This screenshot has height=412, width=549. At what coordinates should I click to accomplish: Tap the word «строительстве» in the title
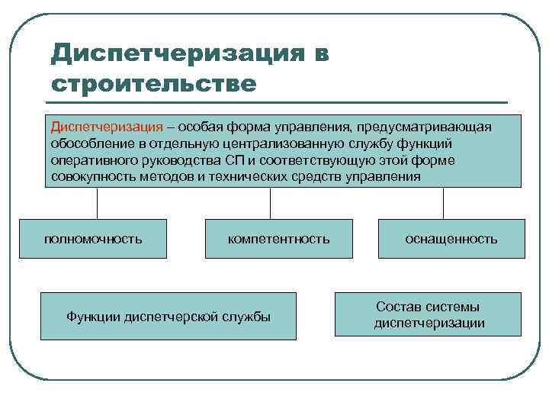pos(153,82)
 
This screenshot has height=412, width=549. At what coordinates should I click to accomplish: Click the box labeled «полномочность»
pos(92,239)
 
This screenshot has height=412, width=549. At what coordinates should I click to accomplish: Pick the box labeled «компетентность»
pos(278,239)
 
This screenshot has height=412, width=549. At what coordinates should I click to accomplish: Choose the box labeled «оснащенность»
pos(451,239)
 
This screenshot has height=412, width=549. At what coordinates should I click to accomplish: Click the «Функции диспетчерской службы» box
pos(168,316)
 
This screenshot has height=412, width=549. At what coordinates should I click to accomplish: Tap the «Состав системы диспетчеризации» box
pos(428,314)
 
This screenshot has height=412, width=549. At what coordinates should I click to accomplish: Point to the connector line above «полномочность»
pos(97,204)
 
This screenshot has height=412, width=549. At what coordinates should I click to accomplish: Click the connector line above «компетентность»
pos(271,204)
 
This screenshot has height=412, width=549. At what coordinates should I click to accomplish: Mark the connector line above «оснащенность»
pos(443,204)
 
